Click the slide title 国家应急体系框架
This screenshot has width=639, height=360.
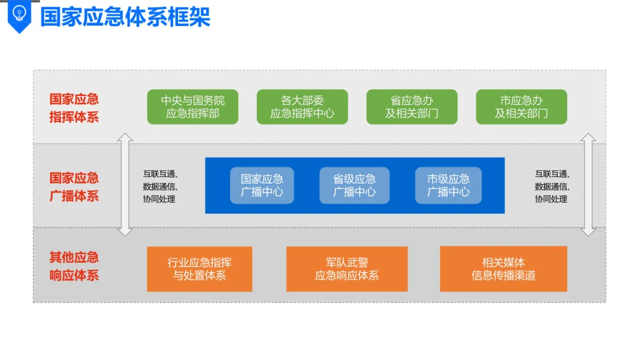(x=125, y=17)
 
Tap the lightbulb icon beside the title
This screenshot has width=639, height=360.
(x=20, y=14)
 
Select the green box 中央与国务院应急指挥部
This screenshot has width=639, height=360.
(x=192, y=107)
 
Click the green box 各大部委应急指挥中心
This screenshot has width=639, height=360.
(x=302, y=107)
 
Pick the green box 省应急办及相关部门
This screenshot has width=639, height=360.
(x=412, y=107)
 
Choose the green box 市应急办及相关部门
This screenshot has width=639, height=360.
(x=521, y=107)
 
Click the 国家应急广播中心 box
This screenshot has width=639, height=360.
(x=262, y=185)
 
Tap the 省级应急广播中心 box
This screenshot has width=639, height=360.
(x=354, y=185)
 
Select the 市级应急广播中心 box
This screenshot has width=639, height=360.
(x=448, y=185)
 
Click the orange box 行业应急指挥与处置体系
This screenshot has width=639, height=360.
(x=199, y=269)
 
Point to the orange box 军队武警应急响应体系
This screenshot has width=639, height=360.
(x=347, y=269)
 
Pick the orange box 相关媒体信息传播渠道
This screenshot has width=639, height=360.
(x=504, y=269)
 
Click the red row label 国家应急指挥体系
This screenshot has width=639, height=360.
(x=74, y=108)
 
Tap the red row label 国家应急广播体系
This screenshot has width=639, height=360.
(x=74, y=187)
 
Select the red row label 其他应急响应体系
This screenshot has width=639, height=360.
(x=74, y=266)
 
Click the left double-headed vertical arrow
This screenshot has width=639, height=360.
(x=125, y=185)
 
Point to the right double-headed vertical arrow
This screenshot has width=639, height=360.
(x=588, y=185)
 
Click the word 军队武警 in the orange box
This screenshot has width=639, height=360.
(x=347, y=262)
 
